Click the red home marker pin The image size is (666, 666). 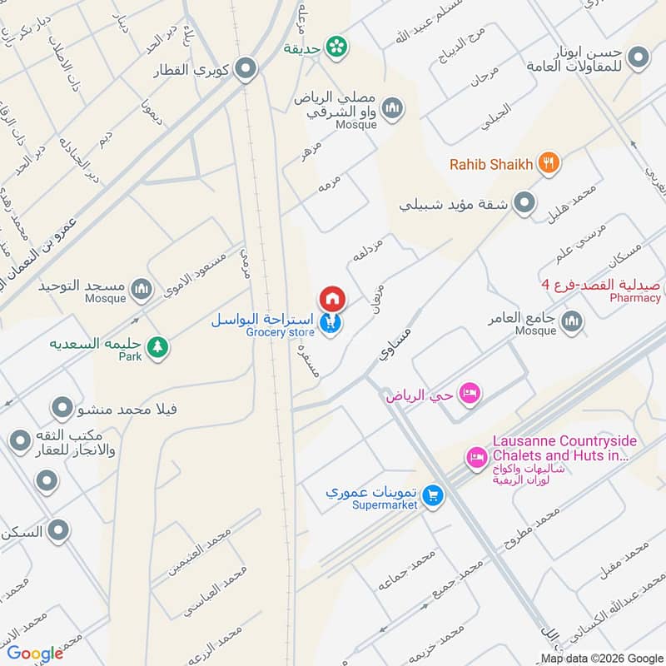click(x=332, y=298)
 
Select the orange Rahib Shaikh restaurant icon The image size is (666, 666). click(x=548, y=163)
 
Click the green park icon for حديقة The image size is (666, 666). click(x=336, y=47)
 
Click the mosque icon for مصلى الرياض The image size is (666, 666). click(x=392, y=107)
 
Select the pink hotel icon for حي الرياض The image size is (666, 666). click(x=470, y=393)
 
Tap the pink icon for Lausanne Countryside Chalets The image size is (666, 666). click(x=477, y=457)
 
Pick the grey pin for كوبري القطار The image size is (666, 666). click(x=245, y=68)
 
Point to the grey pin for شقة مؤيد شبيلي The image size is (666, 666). click(x=524, y=202)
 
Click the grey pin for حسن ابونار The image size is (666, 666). click(x=639, y=57)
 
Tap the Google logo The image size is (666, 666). click(x=35, y=653)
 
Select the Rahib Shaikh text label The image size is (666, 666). click(x=490, y=164)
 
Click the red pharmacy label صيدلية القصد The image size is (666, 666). click(x=615, y=286)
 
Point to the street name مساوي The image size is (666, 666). click(x=395, y=342)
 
